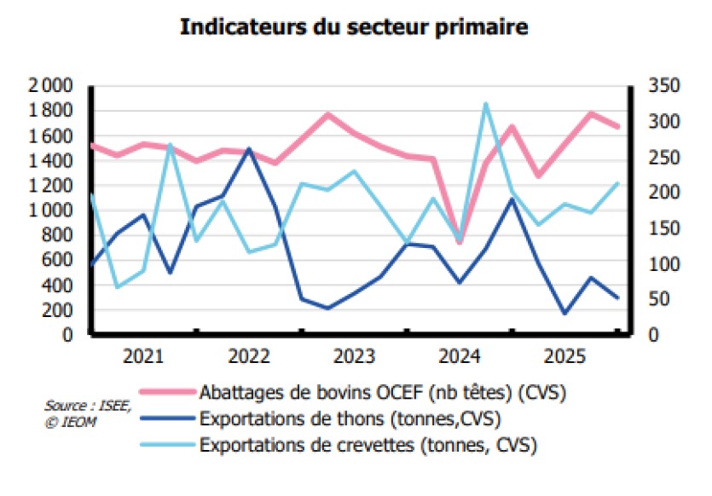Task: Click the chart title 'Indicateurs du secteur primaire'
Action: click(x=354, y=28)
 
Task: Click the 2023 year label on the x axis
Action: click(x=355, y=355)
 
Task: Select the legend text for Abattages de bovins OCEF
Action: click(x=383, y=393)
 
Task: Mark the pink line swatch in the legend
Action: click(x=167, y=394)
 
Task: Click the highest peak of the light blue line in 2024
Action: click(x=486, y=104)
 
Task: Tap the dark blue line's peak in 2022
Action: click(x=249, y=149)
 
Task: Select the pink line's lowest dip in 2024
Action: click(x=460, y=243)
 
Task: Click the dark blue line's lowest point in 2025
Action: click(x=564, y=313)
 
